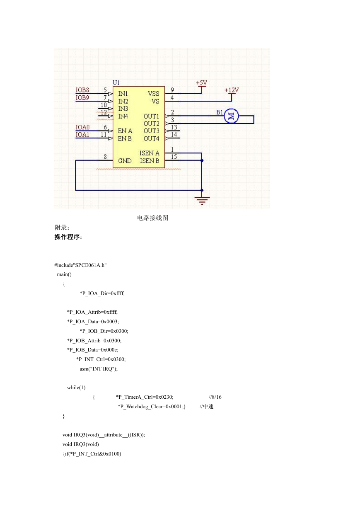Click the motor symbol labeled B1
231,116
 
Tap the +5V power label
201,83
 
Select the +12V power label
232,90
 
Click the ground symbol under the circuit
202,200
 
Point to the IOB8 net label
82,90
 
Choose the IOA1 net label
82,135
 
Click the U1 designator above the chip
116,83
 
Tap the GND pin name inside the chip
125,161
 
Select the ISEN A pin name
149,153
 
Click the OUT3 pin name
151,131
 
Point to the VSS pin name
154,94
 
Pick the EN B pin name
125,138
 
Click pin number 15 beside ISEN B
174,157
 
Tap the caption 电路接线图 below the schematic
152,218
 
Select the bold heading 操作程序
68,237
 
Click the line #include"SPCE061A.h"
80,265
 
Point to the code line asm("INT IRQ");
99,369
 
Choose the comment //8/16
215,397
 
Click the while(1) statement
76,388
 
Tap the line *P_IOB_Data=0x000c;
93,350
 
